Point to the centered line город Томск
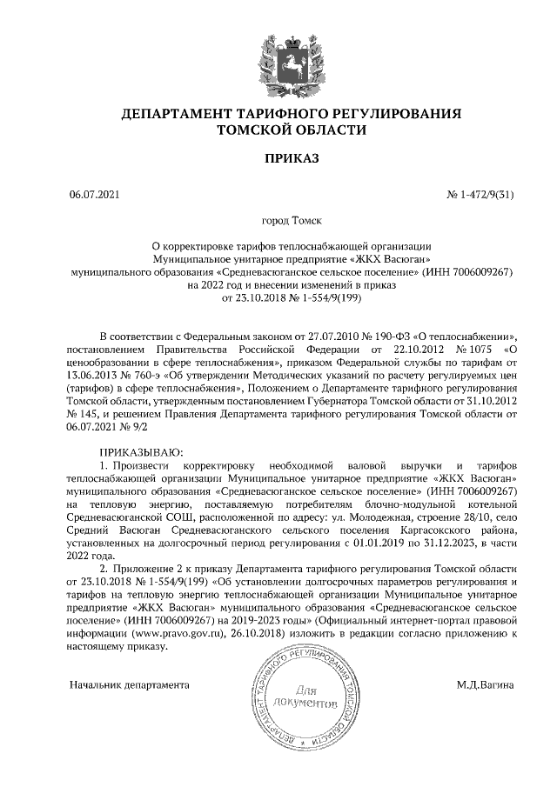coord(278,222)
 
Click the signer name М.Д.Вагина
coord(485,684)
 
